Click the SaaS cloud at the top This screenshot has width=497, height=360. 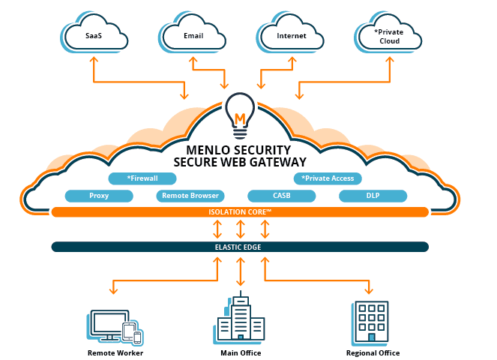94,35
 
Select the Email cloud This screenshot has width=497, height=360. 194,35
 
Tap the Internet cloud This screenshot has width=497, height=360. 292,35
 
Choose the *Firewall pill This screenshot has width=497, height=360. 142,178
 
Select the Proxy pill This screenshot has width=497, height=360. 99,196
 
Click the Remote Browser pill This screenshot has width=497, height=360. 190,196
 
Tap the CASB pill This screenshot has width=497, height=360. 282,196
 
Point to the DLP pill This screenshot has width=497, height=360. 373,196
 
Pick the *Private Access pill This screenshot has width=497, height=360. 328,178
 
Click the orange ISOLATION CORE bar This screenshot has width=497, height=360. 240,212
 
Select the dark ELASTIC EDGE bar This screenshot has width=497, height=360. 240,247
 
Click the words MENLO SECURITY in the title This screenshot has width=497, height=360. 239,150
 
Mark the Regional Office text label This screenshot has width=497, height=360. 373,352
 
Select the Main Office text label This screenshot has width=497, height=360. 240,352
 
